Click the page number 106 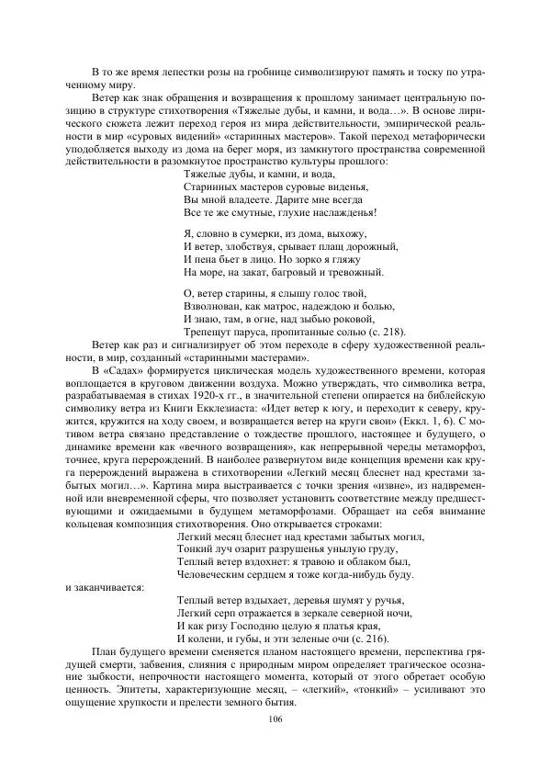click(275, 718)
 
